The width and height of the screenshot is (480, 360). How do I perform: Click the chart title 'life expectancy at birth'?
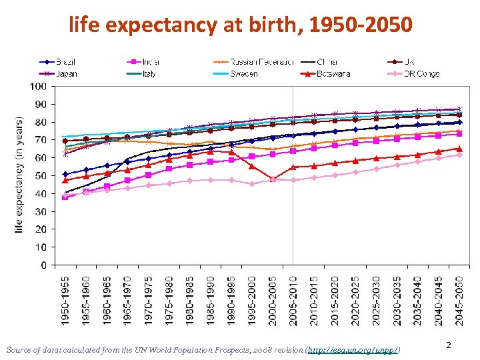point(241,25)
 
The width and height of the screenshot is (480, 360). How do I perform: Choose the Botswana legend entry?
point(333,73)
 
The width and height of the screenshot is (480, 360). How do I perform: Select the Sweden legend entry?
point(244,73)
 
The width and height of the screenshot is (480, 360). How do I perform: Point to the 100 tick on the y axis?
point(37,87)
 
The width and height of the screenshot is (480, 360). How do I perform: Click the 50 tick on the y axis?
point(40,176)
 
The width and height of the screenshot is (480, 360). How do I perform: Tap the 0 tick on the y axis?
point(43,265)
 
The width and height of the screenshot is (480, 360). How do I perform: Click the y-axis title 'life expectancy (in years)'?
point(19,175)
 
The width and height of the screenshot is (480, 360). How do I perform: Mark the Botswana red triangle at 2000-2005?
point(273,179)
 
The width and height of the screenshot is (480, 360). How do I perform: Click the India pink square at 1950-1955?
point(65,197)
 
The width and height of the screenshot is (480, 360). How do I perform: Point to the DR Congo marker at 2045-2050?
point(459,155)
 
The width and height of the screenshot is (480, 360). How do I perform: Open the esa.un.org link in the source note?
point(353,349)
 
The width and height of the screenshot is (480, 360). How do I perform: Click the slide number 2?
point(449,345)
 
